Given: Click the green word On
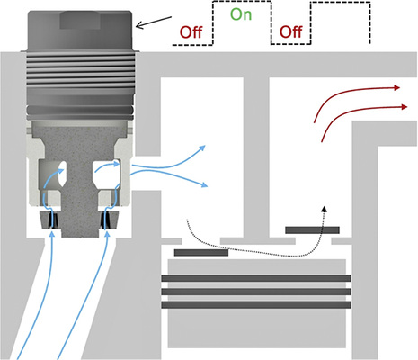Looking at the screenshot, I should [x=241, y=15].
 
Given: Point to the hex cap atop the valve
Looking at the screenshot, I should [x=80, y=22].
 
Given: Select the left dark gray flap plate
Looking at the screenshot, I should [x=200, y=252].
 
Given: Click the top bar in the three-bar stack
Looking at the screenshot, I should [x=256, y=279].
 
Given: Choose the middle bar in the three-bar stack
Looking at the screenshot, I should [x=256, y=292].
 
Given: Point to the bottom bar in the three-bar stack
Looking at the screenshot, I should [x=256, y=304].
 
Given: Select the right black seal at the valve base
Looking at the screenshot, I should [x=108, y=220].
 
